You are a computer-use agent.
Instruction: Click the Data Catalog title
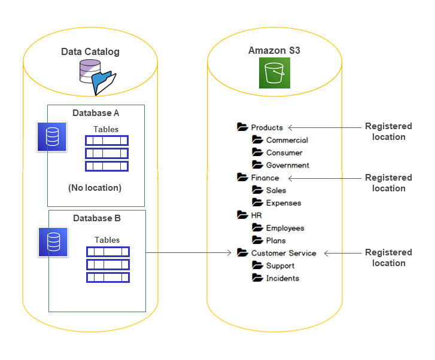point(90,52)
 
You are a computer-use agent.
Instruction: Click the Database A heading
point(96,113)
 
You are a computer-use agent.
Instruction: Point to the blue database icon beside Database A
point(51,136)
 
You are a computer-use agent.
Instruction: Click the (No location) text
point(95,188)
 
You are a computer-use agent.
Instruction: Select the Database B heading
point(96,218)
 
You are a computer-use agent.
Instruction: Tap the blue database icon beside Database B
point(53,242)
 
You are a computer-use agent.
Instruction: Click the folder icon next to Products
point(242,127)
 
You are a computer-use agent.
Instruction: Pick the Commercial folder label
point(287,140)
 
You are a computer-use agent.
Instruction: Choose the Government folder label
point(287,165)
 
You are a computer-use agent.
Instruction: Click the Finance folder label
point(264,178)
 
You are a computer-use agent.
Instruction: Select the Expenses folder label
point(283,203)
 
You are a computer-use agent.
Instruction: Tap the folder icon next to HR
point(242,215)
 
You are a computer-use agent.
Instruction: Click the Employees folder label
point(285,228)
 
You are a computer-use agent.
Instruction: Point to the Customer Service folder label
point(283,253)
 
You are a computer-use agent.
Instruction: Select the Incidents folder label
point(282,278)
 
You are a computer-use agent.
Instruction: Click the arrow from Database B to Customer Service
point(188,253)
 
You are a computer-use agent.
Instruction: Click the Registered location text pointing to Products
point(388,132)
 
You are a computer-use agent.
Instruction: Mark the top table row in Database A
point(106,141)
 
